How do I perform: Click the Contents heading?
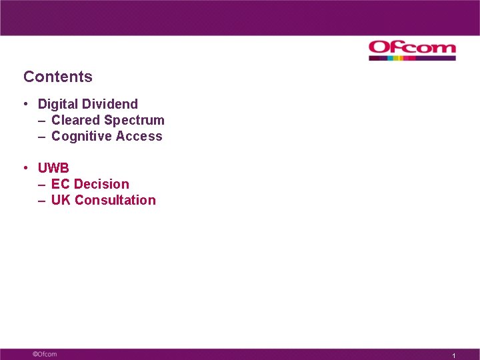58,77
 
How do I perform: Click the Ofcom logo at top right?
412,47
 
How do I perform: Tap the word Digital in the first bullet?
58,104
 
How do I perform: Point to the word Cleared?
76,120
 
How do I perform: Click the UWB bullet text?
53,168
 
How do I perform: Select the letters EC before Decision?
61,184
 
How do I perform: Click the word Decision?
101,184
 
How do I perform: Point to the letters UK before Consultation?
61,200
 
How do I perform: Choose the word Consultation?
115,200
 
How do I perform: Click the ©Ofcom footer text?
45,354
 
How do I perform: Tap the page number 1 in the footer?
453,356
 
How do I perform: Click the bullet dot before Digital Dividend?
25,104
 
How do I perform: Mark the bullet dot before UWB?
25,168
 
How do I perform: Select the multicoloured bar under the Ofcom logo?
412,59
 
